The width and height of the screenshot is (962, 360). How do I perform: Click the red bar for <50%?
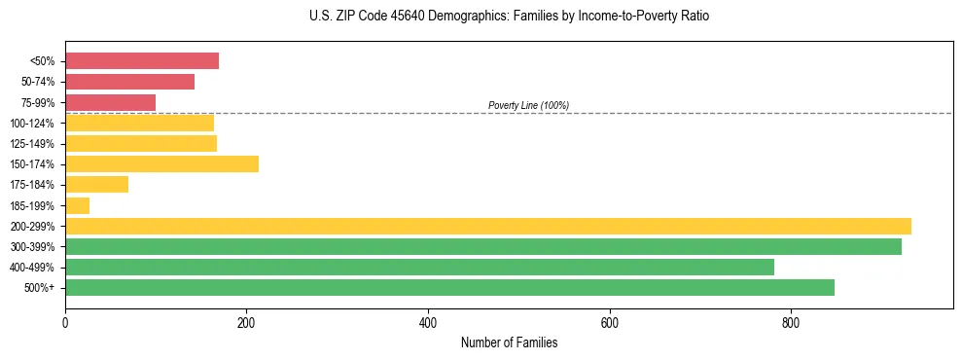pyautogui.click(x=142, y=61)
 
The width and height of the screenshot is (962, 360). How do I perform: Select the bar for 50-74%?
pyautogui.click(x=129, y=82)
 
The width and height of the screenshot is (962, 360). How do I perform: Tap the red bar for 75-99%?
pyautogui.click(x=110, y=102)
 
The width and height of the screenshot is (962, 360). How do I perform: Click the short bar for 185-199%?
pyautogui.click(x=77, y=205)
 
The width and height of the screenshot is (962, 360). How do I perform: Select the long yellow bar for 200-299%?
pyautogui.click(x=487, y=226)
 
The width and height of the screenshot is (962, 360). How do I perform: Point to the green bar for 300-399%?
pyautogui.click(x=482, y=246)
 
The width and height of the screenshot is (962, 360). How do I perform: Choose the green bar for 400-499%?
pyautogui.click(x=419, y=267)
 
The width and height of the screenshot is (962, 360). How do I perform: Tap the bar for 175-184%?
pyautogui.click(x=96, y=184)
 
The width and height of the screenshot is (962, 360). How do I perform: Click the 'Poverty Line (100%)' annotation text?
pyautogui.click(x=528, y=105)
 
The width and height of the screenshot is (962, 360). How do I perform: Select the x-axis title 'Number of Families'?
pyautogui.click(x=509, y=342)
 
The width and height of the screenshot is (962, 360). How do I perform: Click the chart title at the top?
pyautogui.click(x=509, y=17)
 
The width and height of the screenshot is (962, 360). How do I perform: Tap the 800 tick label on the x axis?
pyautogui.click(x=791, y=321)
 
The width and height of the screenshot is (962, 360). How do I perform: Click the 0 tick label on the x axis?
pyautogui.click(x=65, y=321)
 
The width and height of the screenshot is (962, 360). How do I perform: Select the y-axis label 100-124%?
pyautogui.click(x=32, y=124)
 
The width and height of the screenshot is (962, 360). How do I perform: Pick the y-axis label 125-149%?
pyautogui.click(x=32, y=144)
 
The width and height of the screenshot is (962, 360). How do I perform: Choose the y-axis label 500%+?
pyautogui.click(x=39, y=288)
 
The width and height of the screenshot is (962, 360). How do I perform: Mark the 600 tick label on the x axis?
pyautogui.click(x=610, y=321)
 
